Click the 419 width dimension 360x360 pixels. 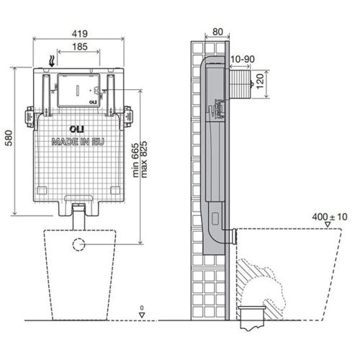pyautogui.click(x=80, y=34)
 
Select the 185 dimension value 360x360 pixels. pyautogui.click(x=80, y=47)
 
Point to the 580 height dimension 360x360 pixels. pyautogui.click(x=9, y=138)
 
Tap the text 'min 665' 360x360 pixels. pyautogui.click(x=135, y=161)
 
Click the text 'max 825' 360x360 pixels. pyautogui.click(x=144, y=160)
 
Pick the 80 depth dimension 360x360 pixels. pyautogui.click(x=217, y=32)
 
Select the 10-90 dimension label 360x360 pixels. pyautogui.click(x=243, y=59)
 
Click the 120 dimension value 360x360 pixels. pyautogui.click(x=260, y=81)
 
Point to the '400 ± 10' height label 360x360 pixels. pyautogui.click(x=330, y=217)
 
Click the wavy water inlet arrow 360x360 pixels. pyautogui.click(x=51, y=61)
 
